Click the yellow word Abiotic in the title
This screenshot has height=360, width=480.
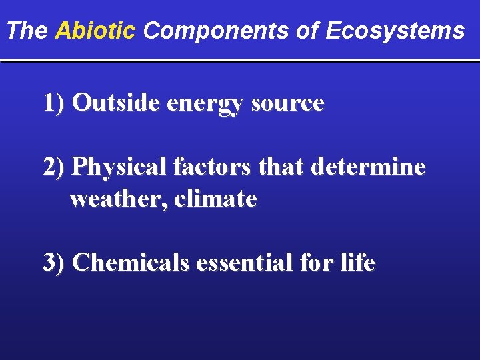pos(95,31)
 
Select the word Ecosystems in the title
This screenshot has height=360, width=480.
pos(395,31)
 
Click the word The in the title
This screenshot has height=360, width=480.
pos(28,31)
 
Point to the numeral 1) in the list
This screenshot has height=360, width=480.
pos(54,103)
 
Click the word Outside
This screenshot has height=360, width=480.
pos(117,103)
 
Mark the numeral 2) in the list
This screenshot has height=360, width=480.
pos(54,167)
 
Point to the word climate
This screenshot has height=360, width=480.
pos(215,199)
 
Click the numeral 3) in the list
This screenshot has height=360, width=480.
pos(54,263)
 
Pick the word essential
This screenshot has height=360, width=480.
pos(245,263)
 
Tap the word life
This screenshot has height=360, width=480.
pos(358,263)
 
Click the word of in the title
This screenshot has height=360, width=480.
pos(308,31)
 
